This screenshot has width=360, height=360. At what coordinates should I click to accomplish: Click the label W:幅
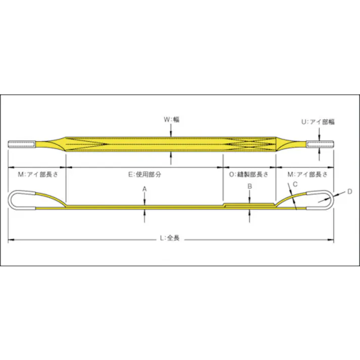(x=172, y=120)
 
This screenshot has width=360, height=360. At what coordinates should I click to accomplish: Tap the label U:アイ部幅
(x=318, y=122)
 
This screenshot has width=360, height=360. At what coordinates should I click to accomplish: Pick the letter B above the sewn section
(x=249, y=187)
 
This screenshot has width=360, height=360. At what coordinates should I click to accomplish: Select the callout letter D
(x=349, y=191)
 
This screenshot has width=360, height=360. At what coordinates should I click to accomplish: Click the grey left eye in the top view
(x=22, y=145)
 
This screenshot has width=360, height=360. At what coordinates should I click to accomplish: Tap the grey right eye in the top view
(x=321, y=145)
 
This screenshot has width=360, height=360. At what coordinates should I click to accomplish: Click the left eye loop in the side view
(x=23, y=199)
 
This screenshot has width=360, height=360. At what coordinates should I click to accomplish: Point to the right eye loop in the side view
(x=319, y=199)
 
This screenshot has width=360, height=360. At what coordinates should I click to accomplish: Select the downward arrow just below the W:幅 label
(x=172, y=132)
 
